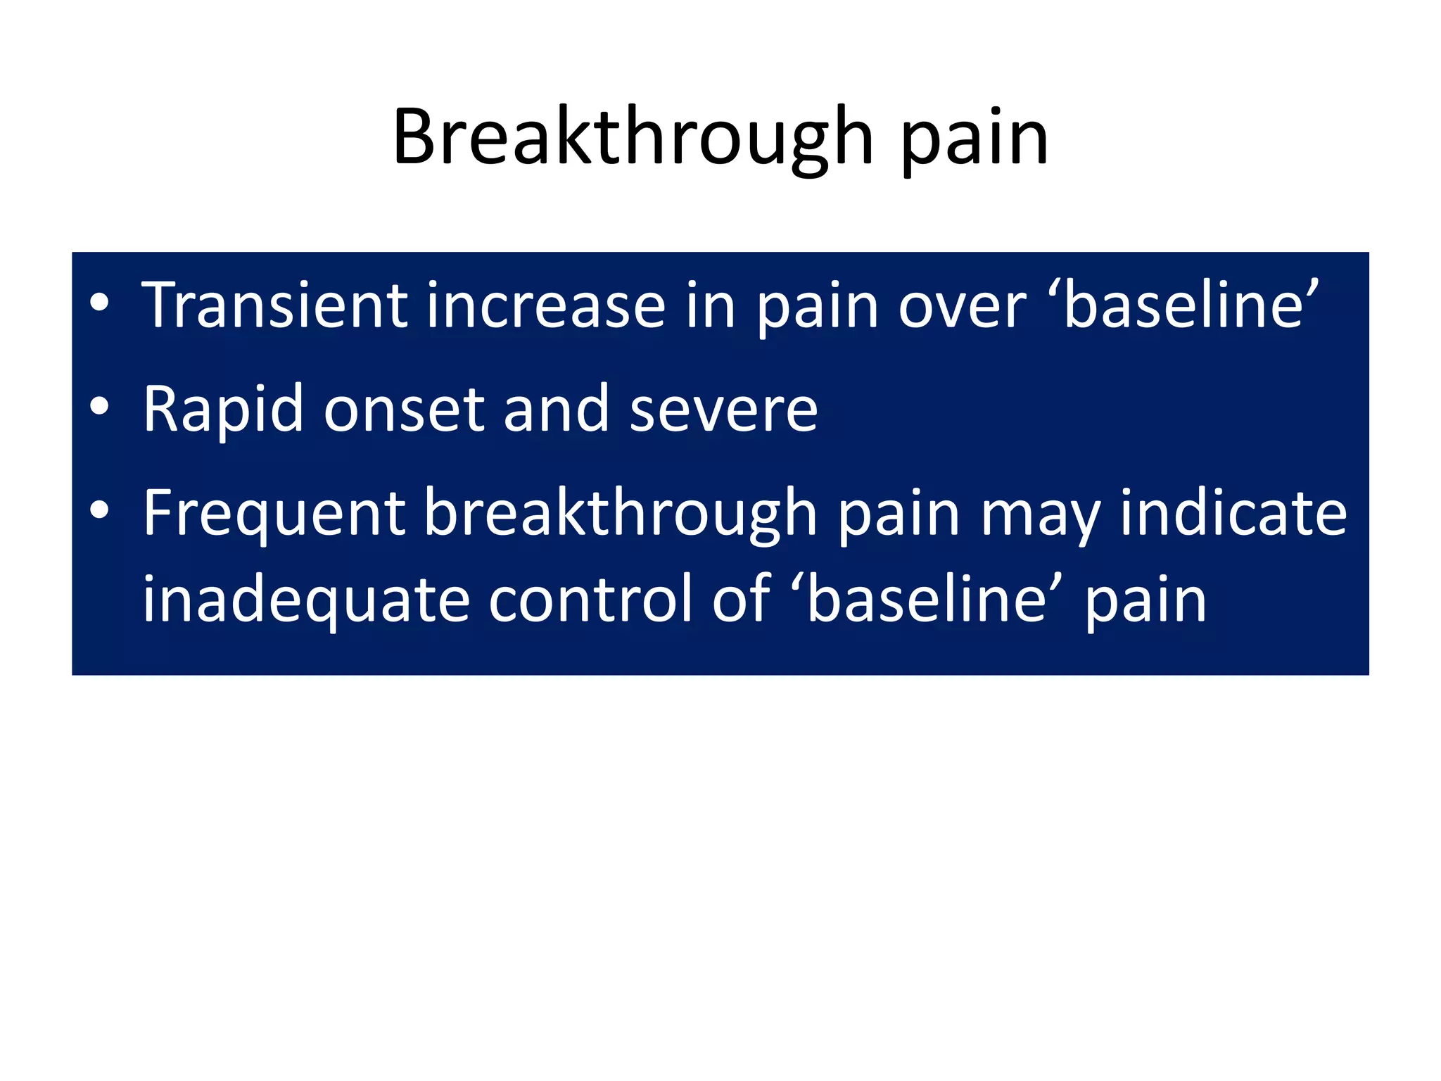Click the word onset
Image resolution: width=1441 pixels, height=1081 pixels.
pos(404,410)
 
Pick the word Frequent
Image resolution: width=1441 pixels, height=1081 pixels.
pos(274,514)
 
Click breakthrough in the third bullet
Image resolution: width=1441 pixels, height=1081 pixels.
pos(621,514)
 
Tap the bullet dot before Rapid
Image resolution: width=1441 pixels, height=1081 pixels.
pos(99,405)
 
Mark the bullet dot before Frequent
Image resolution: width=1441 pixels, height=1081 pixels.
pos(99,510)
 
